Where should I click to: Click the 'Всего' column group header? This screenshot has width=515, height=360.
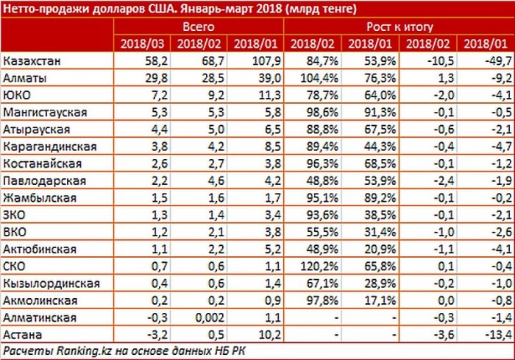pos(198,26)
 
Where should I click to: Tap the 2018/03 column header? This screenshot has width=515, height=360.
pos(143,43)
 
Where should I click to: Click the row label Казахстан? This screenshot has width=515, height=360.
pos(29,60)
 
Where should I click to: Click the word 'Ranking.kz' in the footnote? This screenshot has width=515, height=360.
pos(77,351)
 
